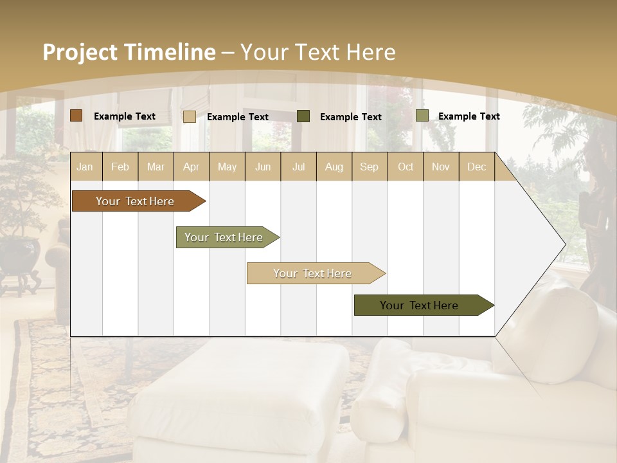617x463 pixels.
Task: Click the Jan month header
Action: click(85, 167)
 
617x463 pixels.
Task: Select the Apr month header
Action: click(192, 167)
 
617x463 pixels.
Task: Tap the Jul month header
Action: click(298, 167)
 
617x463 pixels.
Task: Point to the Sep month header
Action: click(369, 167)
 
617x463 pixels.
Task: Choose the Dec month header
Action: click(476, 167)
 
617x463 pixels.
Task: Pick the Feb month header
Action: click(120, 167)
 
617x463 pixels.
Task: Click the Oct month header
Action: click(406, 167)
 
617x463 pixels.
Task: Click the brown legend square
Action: click(76, 116)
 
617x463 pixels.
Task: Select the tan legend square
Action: click(190, 116)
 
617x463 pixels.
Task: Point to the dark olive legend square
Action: click(303, 116)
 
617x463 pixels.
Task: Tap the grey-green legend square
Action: click(422, 116)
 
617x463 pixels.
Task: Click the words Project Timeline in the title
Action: click(129, 52)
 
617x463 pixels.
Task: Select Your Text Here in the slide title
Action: click(317, 52)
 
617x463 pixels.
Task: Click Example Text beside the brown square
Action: click(125, 116)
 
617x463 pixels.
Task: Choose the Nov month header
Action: click(441, 167)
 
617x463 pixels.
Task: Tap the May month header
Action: click(227, 167)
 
